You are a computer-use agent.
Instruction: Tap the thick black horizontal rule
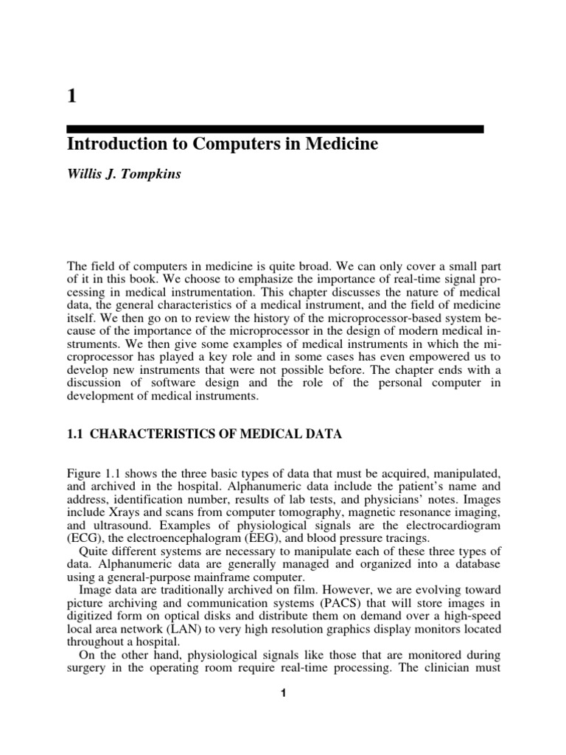[x=276, y=129]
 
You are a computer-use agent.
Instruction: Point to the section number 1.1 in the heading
[x=76, y=435]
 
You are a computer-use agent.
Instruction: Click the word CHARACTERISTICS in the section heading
[x=150, y=435]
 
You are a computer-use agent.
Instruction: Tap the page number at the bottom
[x=282, y=693]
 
